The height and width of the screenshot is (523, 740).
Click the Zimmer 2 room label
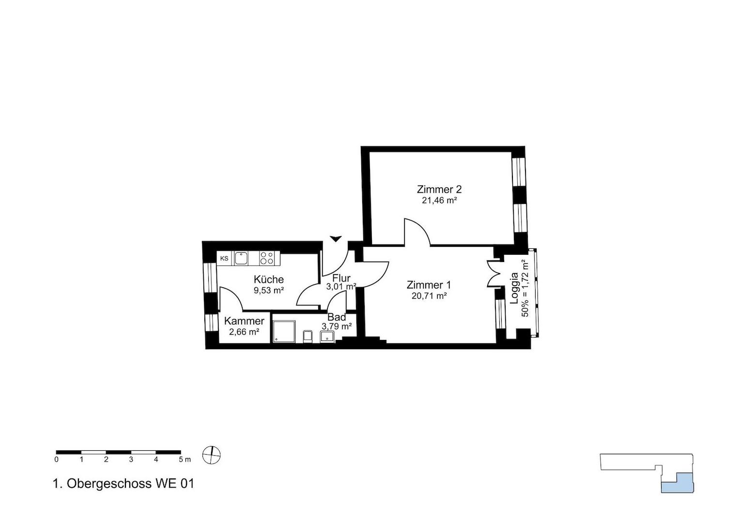pos(439,190)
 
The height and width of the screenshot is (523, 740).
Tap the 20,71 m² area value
pos(429,296)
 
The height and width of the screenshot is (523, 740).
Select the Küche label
pos(269,279)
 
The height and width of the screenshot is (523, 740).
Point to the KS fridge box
pos(224,259)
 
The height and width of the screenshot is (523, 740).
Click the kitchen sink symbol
pos(242,259)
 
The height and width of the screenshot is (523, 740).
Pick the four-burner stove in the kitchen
pos(267,258)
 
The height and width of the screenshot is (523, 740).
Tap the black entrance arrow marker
pos(336,239)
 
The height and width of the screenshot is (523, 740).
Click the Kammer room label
pos(244,321)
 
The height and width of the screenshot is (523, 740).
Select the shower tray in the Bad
pos(284,331)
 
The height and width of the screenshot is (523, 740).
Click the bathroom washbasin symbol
pos(327,337)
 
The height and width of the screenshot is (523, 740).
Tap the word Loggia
pos(514,288)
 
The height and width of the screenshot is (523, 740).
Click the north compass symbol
pos(212,455)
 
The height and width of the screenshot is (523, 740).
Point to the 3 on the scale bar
pos(131,460)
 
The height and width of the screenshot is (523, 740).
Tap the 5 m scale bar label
pos(185,460)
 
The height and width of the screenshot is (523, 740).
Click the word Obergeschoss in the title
pos(109,484)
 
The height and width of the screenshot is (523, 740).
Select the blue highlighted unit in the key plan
pos(677,483)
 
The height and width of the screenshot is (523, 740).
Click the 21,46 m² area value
pos(439,200)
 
